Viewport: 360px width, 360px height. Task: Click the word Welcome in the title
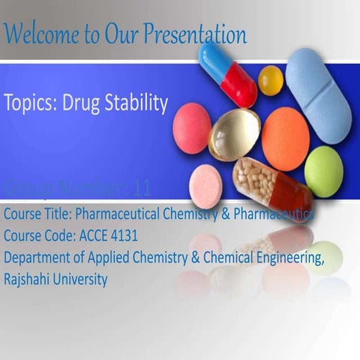click(x=37, y=33)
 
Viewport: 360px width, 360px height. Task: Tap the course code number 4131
click(x=118, y=236)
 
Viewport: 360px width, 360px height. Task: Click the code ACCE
click(x=85, y=236)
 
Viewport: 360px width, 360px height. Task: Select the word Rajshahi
click(x=27, y=280)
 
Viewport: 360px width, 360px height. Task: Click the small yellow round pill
click(x=271, y=79)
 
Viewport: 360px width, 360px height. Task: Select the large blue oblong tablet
click(x=319, y=94)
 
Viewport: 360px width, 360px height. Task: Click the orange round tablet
click(x=285, y=138)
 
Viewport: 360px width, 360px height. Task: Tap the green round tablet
click(x=324, y=171)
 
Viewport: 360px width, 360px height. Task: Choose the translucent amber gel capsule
click(x=234, y=134)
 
